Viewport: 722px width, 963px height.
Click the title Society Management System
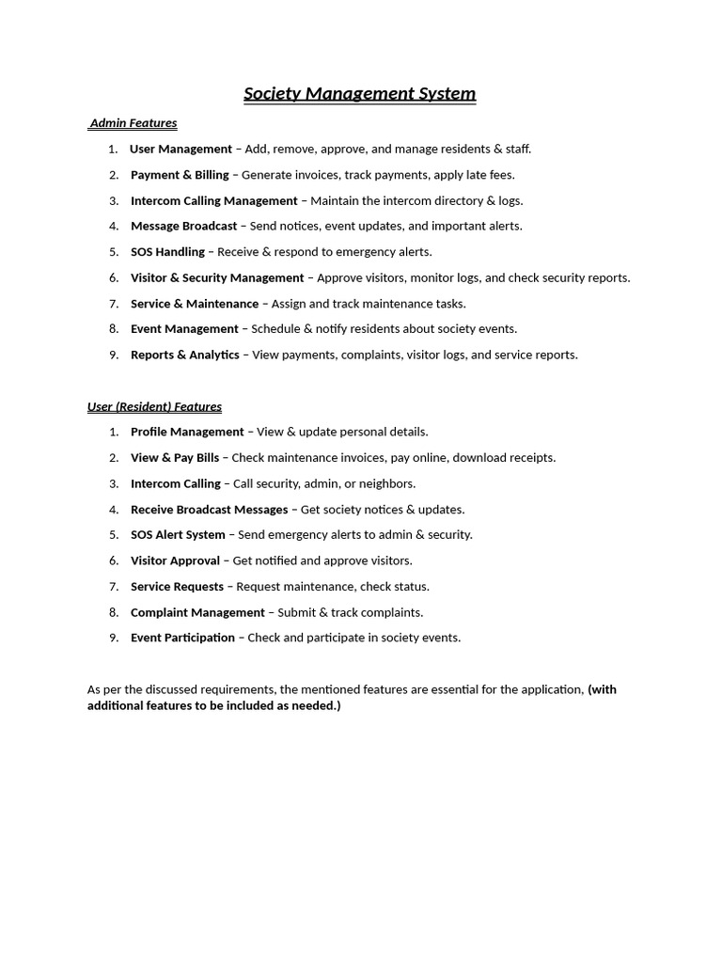pos(360,94)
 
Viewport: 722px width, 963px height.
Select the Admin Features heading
pos(133,123)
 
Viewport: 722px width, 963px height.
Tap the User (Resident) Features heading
pos(154,407)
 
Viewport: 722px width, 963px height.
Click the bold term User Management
pos(180,149)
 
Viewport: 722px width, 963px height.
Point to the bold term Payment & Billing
pos(180,175)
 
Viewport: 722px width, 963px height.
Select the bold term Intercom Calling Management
pos(213,200)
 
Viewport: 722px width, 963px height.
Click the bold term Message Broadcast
pos(183,226)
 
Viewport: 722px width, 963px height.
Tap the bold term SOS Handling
pos(167,252)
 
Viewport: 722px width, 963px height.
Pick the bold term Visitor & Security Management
pos(217,277)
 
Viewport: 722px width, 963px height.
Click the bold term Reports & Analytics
pos(184,355)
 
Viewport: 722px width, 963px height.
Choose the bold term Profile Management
pos(187,432)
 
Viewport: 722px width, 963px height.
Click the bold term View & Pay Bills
pos(174,458)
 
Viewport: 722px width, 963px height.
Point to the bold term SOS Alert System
pos(178,535)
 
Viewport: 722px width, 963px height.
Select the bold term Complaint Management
pos(197,612)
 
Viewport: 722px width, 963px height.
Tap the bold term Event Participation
pos(182,638)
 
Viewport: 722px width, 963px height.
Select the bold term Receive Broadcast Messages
pos(209,510)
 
